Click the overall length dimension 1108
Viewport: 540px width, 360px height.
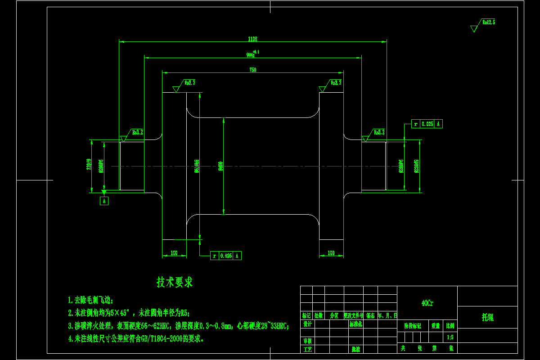pos(252,39)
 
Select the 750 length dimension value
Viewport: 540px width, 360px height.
pos(252,70)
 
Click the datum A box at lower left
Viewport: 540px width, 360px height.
pos(104,201)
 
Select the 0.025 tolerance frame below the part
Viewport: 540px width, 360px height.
pos(226,256)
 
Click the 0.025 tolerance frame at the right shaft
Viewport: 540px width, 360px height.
pos(427,124)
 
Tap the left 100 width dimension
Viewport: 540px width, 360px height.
pos(174,253)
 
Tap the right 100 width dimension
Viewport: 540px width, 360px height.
pos(331,253)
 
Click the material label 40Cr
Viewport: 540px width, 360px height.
pos(427,303)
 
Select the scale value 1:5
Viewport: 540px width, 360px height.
pos(450,337)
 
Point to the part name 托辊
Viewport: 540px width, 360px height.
pos(488,317)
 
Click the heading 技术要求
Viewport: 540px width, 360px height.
pos(175,283)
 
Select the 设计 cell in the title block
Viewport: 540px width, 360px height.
pos(307,324)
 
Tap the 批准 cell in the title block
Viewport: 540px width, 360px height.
pos(355,349)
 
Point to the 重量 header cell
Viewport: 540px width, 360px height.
pos(436,325)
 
